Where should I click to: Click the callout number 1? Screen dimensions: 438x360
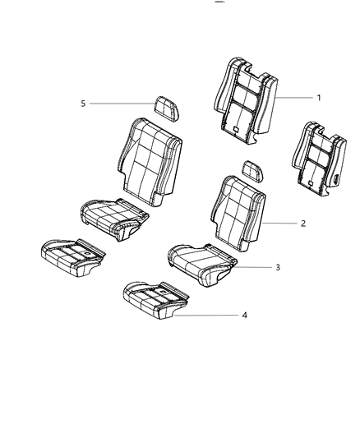319,98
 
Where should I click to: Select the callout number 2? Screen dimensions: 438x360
303,223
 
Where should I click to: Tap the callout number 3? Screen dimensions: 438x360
301,267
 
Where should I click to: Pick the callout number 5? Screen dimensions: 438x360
82,104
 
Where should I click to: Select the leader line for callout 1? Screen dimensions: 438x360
294,98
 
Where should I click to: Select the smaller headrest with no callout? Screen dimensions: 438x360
252,170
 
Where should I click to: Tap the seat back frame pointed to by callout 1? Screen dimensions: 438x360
245,99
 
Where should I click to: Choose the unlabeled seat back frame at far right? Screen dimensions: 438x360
316,161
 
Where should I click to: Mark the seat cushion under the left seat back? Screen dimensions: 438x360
115,217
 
